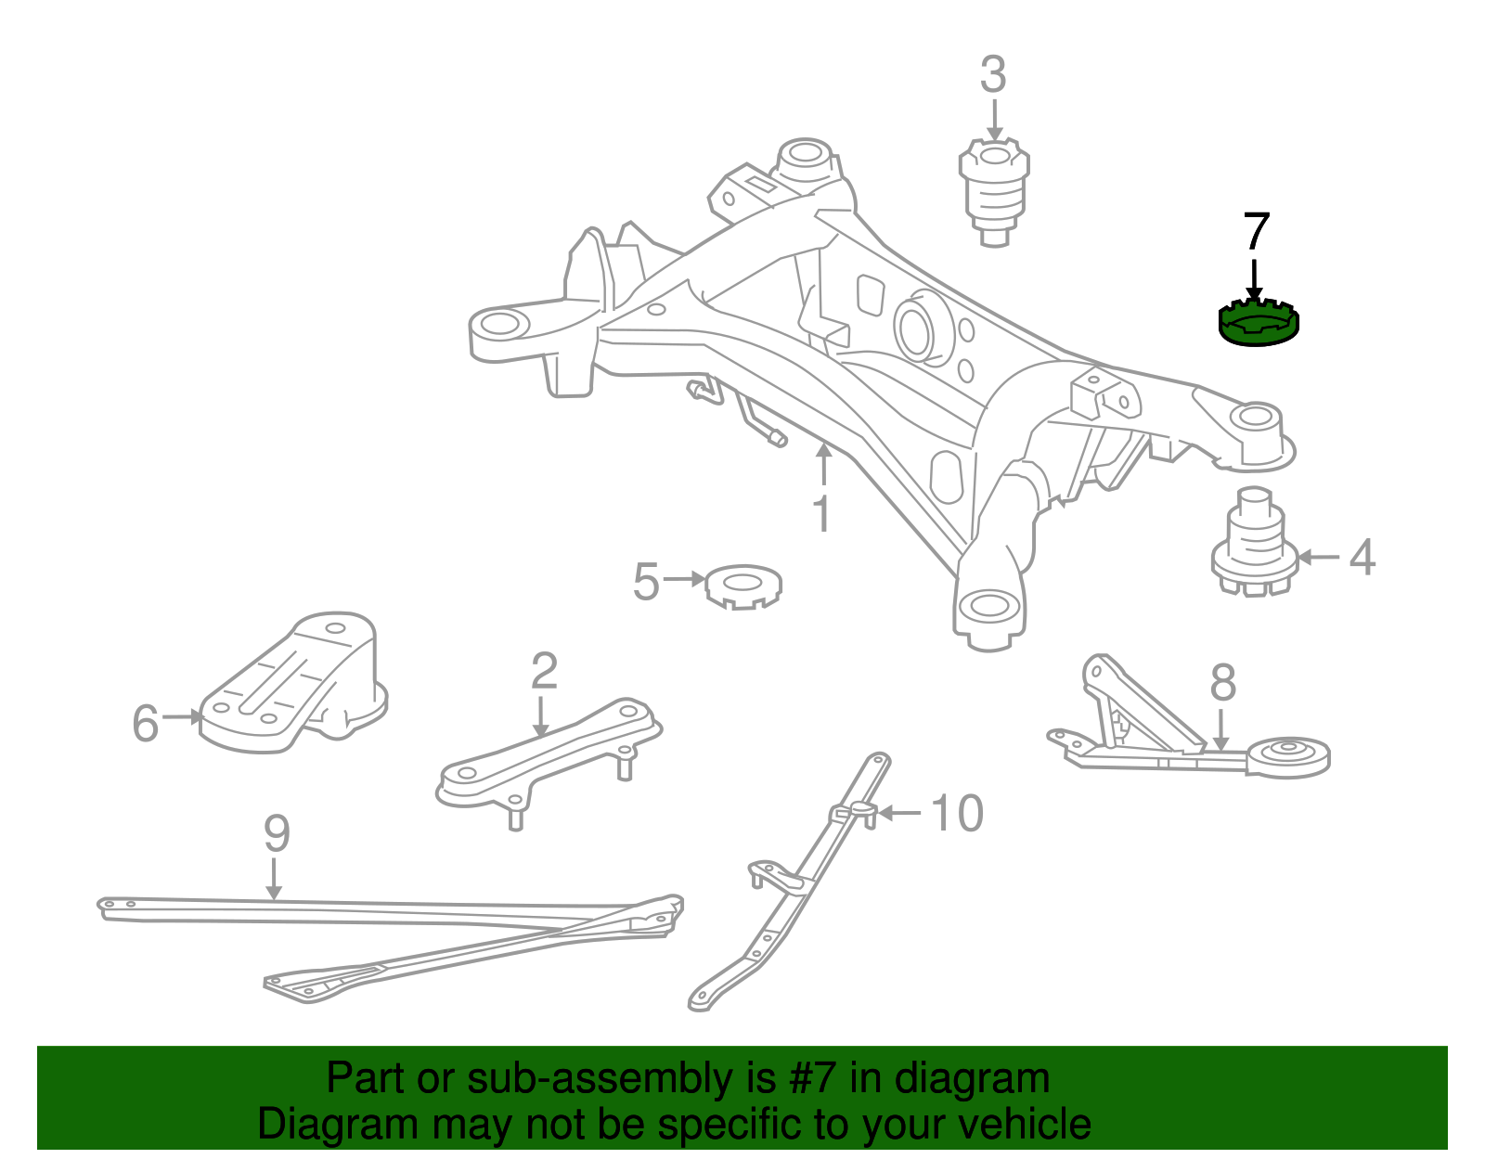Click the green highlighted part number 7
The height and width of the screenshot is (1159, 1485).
tap(1258, 324)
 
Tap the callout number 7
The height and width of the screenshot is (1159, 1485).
tap(1255, 232)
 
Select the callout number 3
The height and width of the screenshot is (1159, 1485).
tap(992, 75)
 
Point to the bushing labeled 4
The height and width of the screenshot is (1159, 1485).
tap(1254, 547)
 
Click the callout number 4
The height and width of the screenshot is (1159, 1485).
tap(1361, 558)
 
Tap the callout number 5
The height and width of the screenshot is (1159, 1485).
tap(646, 582)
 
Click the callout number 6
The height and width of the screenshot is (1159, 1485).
tap(145, 723)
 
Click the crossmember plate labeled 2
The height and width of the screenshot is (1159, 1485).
tap(548, 756)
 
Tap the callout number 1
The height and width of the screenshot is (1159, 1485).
tap(822, 513)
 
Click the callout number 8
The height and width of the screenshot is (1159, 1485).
tap(1222, 683)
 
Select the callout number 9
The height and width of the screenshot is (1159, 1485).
tap(277, 833)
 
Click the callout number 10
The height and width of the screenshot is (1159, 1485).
tap(956, 814)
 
